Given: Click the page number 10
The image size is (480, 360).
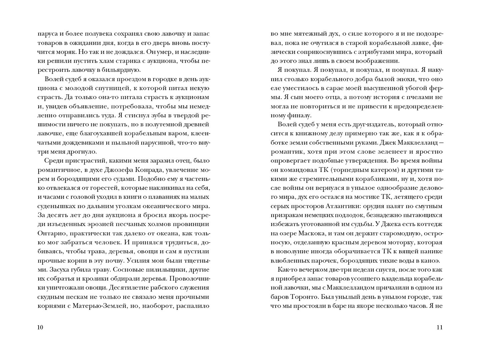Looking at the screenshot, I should tap(40, 327).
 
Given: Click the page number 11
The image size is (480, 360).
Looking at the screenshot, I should tap(439, 327).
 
